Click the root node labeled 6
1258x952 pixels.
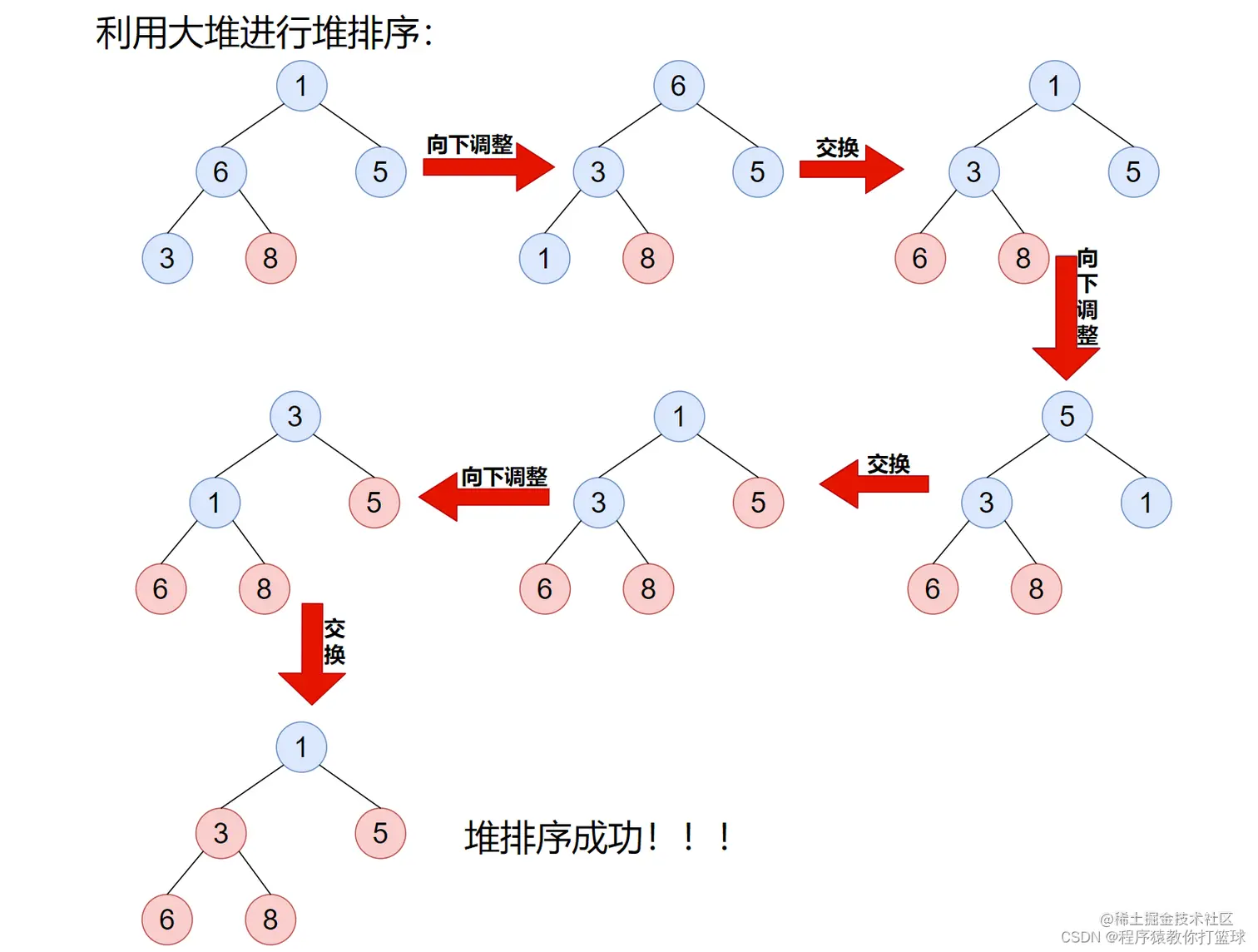tap(679, 86)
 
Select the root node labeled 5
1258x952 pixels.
tap(1067, 416)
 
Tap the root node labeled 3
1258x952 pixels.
tap(295, 416)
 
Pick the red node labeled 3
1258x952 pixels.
tap(220, 833)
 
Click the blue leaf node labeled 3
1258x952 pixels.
tap(167, 258)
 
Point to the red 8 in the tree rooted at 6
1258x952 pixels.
tap(647, 258)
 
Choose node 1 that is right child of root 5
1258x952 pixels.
tap(1146, 503)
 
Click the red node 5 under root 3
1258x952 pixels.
tap(374, 503)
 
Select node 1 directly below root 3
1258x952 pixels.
tap(215, 503)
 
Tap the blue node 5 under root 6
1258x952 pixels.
tap(757, 172)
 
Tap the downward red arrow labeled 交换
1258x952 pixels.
tap(312, 653)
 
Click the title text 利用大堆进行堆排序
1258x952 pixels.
tap(264, 34)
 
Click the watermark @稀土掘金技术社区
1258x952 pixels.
tap(1166, 919)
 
